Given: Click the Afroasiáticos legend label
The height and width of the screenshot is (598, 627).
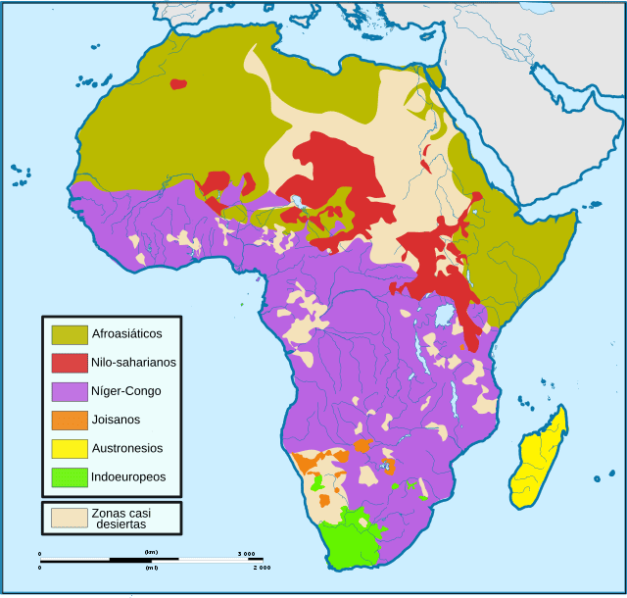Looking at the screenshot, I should [126, 333].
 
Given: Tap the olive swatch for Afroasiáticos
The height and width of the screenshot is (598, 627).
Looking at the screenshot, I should [70, 334].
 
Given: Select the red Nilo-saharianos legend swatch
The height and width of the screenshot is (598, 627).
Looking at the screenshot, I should [70, 363].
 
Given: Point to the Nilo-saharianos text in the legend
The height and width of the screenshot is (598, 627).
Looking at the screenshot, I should [133, 363].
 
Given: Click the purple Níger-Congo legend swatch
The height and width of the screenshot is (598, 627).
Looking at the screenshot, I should [70, 391].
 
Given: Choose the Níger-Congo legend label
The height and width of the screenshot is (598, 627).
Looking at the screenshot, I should [125, 391].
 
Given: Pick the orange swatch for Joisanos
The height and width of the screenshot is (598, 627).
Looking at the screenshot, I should [70, 420].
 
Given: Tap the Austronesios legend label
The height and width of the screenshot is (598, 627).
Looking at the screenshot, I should [126, 448].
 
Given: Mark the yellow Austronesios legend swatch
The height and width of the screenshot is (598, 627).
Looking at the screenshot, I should [70, 448].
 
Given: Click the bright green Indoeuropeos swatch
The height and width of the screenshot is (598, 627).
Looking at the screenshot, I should [70, 477].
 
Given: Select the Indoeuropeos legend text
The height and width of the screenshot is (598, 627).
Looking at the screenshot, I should [128, 477].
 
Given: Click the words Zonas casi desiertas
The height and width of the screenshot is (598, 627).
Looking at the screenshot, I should [121, 518].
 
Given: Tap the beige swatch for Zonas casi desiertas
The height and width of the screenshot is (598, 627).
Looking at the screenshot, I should [69, 517].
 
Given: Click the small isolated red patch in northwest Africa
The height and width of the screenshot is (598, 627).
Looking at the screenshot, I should [177, 84].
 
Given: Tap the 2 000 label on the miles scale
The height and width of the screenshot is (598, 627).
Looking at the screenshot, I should [261, 568].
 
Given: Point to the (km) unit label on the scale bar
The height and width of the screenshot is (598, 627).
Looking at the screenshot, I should [151, 553].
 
